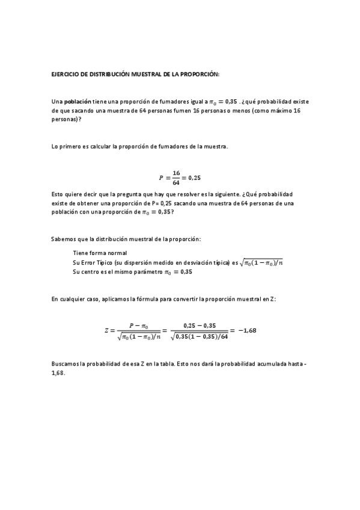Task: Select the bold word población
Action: point(78,102)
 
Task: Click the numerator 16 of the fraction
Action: point(176,173)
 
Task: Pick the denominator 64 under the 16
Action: point(176,182)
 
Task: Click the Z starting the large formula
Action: point(106,330)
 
